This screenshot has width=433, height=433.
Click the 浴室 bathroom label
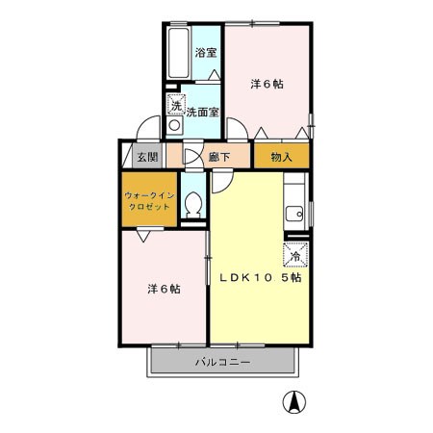point(206,53)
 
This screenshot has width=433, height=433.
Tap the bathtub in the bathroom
point(179,53)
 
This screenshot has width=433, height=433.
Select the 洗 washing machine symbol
point(176,104)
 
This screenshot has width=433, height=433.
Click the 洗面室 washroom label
point(202,113)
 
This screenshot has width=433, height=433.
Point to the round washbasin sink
point(174,125)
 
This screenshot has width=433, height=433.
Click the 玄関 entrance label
point(147,157)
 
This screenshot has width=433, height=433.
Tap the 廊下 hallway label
point(219,157)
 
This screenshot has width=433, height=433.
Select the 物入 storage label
point(281,157)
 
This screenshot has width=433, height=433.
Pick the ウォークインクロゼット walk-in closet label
point(149,201)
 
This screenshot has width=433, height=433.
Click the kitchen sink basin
point(294,214)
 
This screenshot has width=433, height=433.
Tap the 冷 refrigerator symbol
point(295,255)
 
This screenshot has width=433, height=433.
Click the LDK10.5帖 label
point(261,278)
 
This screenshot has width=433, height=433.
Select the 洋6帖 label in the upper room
point(267,84)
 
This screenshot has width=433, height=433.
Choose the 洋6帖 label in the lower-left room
point(164,289)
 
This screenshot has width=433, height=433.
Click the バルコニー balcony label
point(223,363)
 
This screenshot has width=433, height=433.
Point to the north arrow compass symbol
point(293,402)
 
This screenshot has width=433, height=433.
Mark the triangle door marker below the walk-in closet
point(143,236)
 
